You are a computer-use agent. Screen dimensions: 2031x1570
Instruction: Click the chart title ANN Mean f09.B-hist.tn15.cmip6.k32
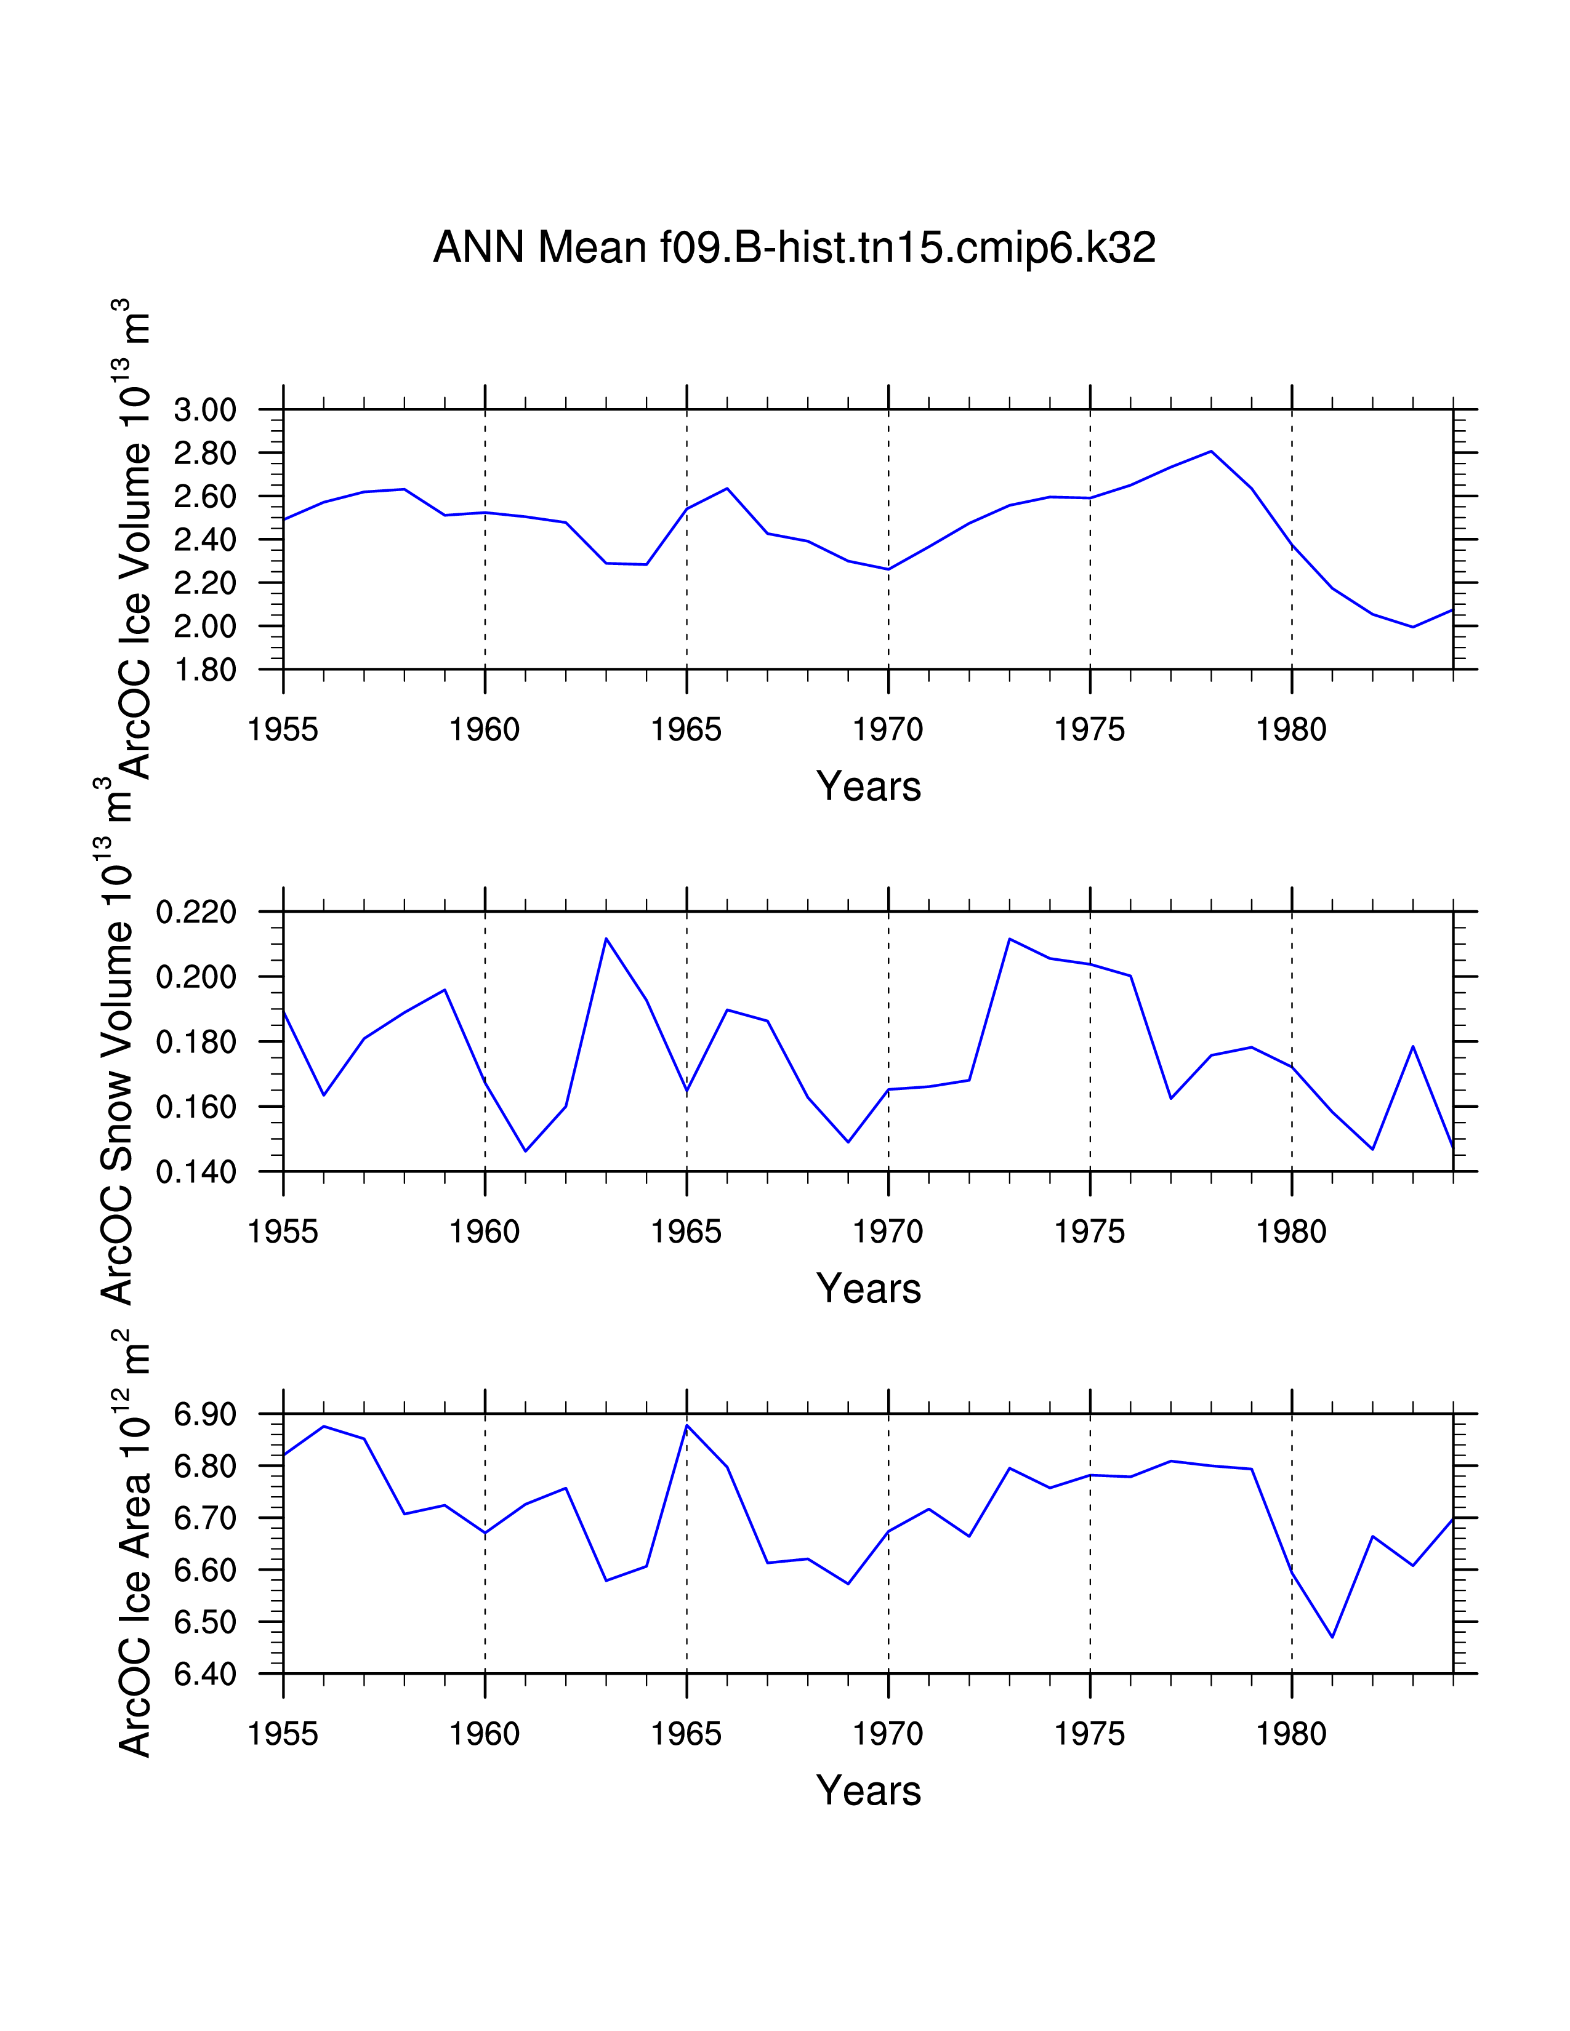pos(794,248)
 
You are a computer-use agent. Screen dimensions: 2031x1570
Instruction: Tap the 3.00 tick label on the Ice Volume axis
pos(204,410)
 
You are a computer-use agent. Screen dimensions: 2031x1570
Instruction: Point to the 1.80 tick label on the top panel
pos(204,670)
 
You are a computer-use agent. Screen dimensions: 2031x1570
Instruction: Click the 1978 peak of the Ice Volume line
pos(1211,451)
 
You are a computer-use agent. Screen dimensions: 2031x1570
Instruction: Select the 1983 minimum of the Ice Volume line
pos(1413,627)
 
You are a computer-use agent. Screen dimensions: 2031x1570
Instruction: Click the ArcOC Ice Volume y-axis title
pos(133,539)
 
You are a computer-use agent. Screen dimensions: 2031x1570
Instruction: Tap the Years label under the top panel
pos(868,787)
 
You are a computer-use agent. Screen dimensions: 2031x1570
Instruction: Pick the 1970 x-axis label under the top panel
pos(887,730)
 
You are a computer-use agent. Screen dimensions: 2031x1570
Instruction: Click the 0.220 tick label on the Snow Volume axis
pos(196,912)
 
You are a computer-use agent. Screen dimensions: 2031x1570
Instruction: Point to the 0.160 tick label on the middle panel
pos(196,1108)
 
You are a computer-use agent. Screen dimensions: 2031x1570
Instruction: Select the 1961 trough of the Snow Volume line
pos(526,1152)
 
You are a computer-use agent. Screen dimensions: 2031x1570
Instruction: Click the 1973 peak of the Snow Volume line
pos(1009,939)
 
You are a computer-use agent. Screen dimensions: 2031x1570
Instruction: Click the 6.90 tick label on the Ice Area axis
pos(204,1414)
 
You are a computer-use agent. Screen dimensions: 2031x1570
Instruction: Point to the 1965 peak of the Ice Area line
pos(686,1425)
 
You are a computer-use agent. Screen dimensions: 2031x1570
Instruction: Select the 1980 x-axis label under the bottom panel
pos(1291,1734)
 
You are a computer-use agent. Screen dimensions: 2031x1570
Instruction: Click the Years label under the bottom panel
pos(868,1791)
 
